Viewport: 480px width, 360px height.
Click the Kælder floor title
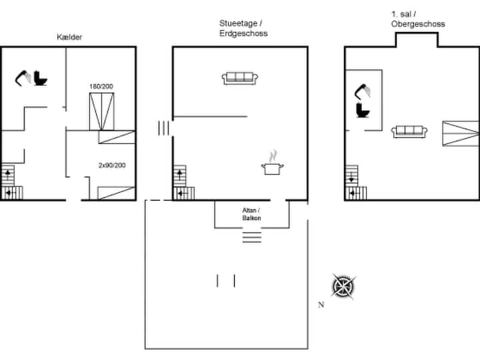69,37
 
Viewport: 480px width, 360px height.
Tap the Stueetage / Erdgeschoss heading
243,28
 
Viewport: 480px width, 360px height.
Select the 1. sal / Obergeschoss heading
418,19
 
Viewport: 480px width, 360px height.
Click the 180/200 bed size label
101,86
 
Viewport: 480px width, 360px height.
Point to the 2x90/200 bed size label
112,165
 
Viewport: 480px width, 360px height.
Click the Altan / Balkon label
251,214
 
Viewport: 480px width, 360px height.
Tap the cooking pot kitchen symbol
272,163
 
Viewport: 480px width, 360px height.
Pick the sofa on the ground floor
240,79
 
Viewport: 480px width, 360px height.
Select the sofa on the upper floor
409,131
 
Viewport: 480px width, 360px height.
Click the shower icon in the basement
23,78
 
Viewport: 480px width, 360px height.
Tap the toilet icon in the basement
41,79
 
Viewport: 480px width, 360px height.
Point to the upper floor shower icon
363,91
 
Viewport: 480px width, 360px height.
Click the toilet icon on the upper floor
363,110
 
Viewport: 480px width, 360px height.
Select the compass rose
343,287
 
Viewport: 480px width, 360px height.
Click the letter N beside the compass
321,305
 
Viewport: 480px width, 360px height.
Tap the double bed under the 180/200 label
101,112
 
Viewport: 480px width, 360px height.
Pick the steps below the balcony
252,237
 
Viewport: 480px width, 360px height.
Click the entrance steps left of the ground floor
163,128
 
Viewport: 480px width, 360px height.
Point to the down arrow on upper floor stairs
351,177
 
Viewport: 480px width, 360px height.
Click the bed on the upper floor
461,133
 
